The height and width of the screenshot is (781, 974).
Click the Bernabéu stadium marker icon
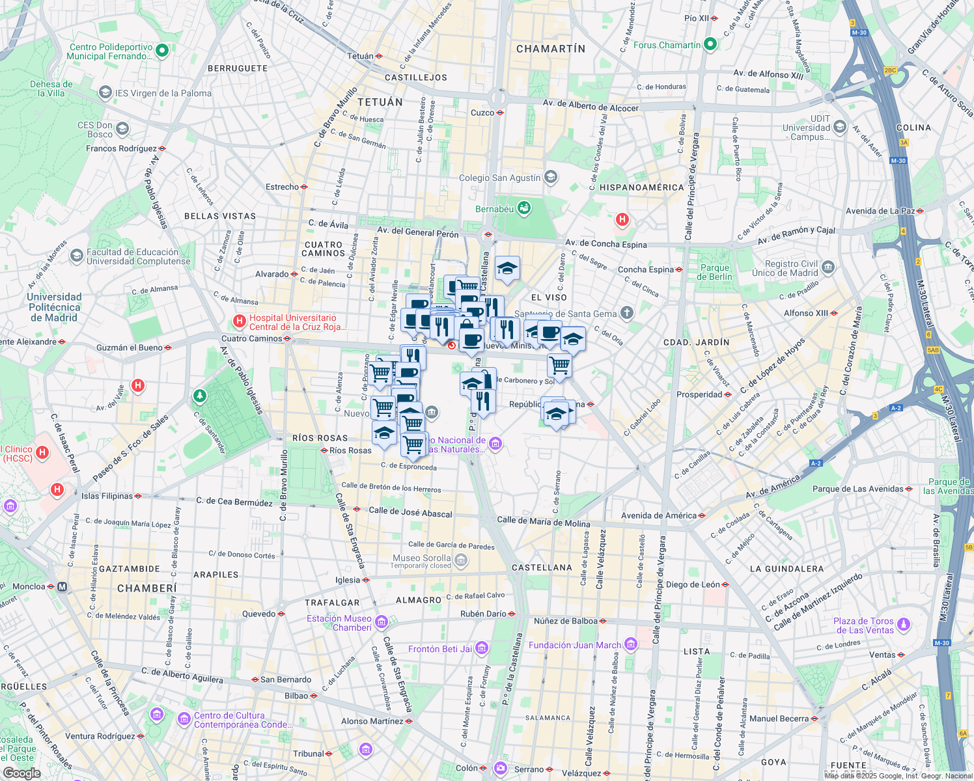tap(523, 209)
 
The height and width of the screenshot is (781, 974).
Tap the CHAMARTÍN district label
tap(551, 49)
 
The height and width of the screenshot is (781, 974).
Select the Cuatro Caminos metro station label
tap(251, 338)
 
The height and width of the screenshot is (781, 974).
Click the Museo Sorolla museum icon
tap(461, 560)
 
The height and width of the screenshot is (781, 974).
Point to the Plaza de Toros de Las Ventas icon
tap(904, 625)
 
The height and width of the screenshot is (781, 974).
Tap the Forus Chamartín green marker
tap(710, 45)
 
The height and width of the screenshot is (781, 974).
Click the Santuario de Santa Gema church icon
tap(626, 314)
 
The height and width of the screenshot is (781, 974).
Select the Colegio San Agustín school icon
tap(551, 177)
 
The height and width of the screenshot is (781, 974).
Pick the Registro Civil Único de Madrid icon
tap(828, 267)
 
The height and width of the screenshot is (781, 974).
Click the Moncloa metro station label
tap(29, 586)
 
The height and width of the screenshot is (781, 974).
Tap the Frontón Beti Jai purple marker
tap(482, 648)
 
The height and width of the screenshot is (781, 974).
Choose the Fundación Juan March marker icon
tap(630, 645)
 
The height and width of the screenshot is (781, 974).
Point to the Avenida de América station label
tap(659, 515)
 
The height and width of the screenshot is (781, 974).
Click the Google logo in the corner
tap(21, 773)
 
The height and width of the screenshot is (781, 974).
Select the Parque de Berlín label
tap(715, 272)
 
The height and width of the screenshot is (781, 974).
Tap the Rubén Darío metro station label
tap(483, 614)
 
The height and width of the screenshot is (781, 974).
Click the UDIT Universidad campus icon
tap(840, 127)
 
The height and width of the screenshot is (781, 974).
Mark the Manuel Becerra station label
tap(779, 719)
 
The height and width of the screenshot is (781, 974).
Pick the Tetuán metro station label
tap(360, 56)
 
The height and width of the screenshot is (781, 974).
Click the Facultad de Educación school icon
tap(77, 255)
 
